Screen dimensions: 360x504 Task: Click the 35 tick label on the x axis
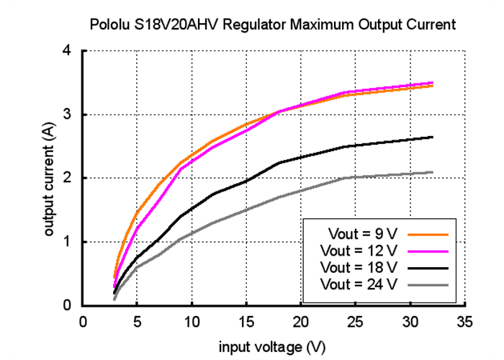(465, 322)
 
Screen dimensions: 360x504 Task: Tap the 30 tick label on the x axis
(410, 322)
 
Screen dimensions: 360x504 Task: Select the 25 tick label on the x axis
(356, 322)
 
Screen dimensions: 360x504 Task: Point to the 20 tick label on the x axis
(302, 322)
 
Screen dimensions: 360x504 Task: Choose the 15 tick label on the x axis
(247, 322)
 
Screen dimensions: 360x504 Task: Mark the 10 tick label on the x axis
(192, 322)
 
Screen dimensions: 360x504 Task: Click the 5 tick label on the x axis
(138, 322)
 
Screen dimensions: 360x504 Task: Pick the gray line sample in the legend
(428, 284)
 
